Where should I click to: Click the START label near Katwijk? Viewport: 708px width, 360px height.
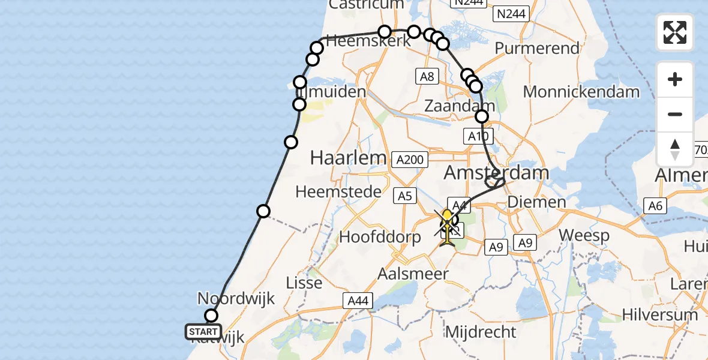click(x=203, y=331)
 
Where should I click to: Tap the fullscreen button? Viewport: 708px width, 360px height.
click(x=675, y=32)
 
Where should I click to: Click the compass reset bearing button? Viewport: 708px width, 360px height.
click(x=675, y=149)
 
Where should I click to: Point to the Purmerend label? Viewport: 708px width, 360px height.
click(x=538, y=48)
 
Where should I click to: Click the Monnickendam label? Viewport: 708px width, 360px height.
click(x=581, y=92)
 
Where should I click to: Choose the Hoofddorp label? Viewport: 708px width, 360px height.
click(x=380, y=236)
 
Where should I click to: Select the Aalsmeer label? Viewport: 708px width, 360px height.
click(x=413, y=274)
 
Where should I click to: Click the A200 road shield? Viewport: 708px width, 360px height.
click(x=410, y=160)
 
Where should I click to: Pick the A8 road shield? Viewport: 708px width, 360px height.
click(x=427, y=76)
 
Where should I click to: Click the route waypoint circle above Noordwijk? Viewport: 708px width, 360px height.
click(x=211, y=316)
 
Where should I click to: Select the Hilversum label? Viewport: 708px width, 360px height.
click(x=660, y=314)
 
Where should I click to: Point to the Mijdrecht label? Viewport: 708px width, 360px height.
click(x=481, y=331)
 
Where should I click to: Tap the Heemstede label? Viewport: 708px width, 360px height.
click(x=339, y=191)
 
